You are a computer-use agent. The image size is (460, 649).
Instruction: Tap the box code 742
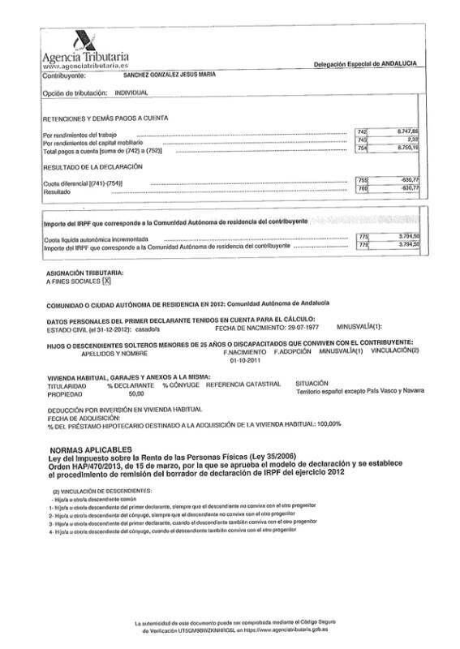tap(363, 131)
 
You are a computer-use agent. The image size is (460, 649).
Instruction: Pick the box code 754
tap(363, 148)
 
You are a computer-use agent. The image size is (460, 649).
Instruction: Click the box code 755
tap(363, 180)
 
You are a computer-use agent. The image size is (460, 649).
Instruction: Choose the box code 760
tap(363, 188)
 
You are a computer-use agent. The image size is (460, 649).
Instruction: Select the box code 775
tap(363, 237)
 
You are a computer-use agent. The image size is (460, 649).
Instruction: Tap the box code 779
tap(363, 244)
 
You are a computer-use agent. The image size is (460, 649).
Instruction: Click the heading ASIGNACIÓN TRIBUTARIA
tap(85, 273)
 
